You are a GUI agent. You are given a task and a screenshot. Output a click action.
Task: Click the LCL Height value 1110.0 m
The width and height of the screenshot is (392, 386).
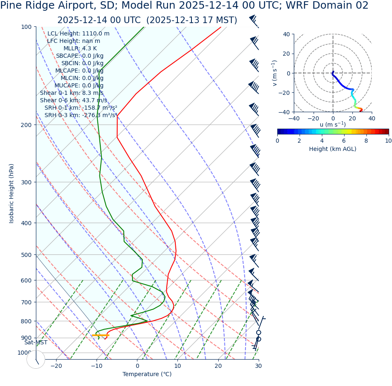96,34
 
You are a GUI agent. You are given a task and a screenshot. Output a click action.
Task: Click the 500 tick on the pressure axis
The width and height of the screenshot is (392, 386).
26,255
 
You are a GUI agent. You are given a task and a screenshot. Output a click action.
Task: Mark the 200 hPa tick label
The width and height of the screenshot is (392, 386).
26,125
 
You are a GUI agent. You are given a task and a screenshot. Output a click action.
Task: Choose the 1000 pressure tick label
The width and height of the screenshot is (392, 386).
24,353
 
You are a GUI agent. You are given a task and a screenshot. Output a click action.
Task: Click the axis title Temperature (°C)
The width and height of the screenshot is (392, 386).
147,374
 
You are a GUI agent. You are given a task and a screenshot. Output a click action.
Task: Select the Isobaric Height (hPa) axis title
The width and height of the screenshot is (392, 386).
12,193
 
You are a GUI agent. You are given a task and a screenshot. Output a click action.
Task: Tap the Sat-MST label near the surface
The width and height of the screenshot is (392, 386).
35,343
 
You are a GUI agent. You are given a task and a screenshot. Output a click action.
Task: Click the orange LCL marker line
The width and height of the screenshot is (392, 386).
100,335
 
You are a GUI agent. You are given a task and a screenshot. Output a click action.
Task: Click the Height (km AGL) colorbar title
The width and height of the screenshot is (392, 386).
333,149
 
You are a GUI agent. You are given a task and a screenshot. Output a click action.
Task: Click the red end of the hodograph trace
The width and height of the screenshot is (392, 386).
361,110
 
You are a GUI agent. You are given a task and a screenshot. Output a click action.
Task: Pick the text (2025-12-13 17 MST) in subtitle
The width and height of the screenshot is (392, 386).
192,20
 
